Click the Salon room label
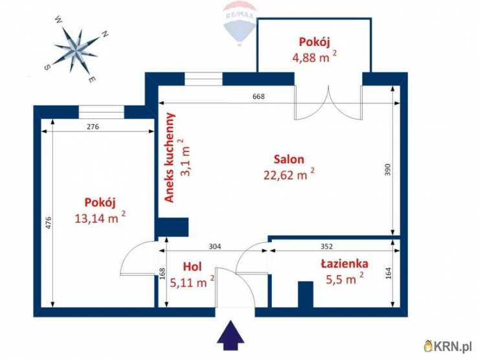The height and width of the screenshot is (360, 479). pos(288,159)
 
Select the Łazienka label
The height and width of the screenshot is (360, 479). pos(344,264)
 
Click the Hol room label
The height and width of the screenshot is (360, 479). pos(192,266)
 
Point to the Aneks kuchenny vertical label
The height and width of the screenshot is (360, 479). pos(170,158)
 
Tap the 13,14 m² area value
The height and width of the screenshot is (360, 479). pos(99,218)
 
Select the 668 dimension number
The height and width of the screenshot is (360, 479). pos(259,97)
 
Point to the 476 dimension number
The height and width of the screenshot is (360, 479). pos(49,222)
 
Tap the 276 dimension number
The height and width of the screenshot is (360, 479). pos(93,127)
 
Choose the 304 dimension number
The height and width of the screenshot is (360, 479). pos(215,246)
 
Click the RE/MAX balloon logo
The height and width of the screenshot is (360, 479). pos(240,21)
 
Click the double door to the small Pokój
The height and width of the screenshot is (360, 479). pos(329,104)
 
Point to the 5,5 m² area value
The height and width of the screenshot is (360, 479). pos(341,280)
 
